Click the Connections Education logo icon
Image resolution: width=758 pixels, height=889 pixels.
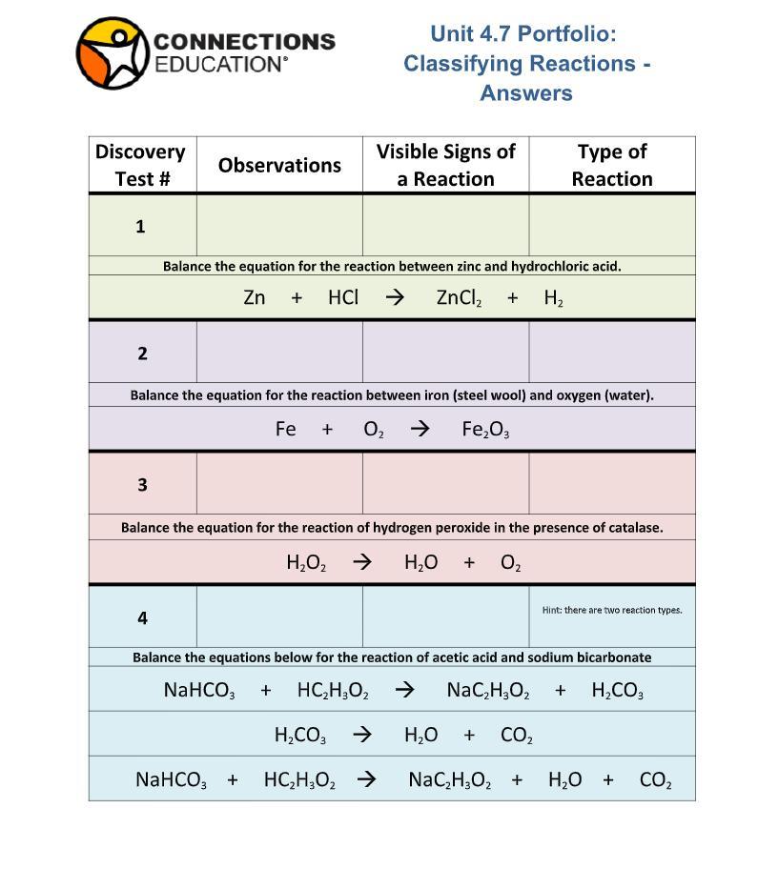(113, 53)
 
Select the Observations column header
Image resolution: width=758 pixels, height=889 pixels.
(279, 165)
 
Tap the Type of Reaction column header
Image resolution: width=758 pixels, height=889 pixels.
(612, 165)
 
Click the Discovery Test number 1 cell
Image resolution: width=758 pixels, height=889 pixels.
(141, 226)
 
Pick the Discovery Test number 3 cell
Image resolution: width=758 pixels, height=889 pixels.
(142, 484)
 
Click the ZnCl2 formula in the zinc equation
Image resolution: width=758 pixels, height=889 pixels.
(459, 298)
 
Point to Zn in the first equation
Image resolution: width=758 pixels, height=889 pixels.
(255, 297)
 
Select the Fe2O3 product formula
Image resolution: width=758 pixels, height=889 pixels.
(485, 430)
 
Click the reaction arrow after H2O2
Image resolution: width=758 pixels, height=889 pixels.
(362, 562)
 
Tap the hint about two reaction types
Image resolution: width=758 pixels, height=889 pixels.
(612, 610)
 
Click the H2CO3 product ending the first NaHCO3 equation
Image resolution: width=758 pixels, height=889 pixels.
(617, 691)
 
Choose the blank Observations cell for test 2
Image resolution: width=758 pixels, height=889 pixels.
(279, 353)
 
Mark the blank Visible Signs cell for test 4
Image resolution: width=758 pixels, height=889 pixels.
(445, 617)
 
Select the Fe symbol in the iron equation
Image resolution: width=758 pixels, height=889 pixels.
(285, 429)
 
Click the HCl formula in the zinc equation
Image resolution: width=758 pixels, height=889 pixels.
(343, 297)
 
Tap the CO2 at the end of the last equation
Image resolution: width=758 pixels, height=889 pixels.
(655, 780)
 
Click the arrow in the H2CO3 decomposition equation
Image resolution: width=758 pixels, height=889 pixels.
(362, 735)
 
